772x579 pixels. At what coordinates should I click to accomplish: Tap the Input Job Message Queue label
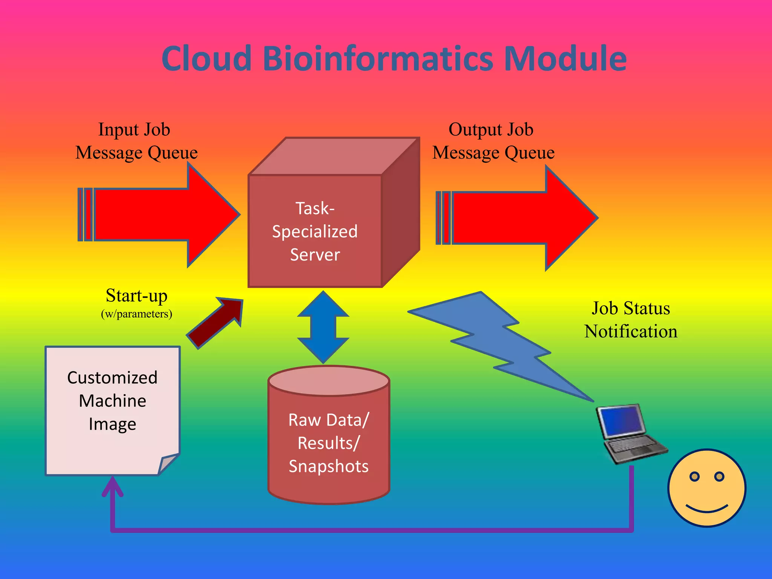(136, 141)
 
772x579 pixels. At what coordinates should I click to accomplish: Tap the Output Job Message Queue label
(493, 141)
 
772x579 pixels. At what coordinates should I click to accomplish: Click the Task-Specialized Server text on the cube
(315, 231)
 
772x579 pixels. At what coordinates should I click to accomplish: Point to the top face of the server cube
(334, 156)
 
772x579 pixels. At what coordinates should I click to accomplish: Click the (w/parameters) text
(136, 314)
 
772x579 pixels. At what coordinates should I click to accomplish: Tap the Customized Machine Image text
(112, 400)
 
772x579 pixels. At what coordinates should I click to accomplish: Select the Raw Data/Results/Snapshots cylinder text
(329, 443)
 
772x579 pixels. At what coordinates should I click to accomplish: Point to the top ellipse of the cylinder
(329, 381)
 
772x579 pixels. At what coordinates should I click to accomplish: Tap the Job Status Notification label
(631, 320)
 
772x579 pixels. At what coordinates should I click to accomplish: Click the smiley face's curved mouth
(707, 509)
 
